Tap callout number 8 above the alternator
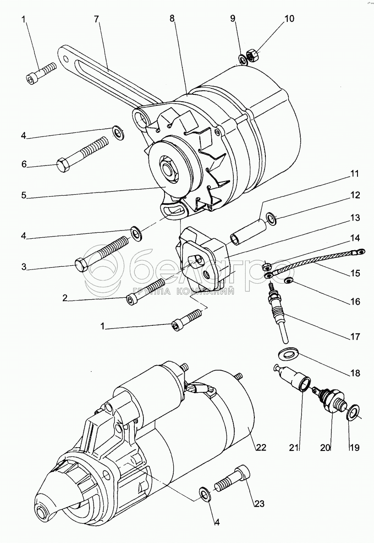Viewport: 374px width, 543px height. point(172,19)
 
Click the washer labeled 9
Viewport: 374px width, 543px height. point(243,60)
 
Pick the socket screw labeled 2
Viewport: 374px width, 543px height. point(145,292)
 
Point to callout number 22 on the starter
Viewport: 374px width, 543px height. point(261,447)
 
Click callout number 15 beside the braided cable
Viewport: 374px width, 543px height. point(355,273)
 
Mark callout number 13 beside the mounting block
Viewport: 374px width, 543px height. point(355,218)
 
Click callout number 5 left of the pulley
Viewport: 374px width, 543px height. point(23,195)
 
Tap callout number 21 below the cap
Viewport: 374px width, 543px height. point(294,448)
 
